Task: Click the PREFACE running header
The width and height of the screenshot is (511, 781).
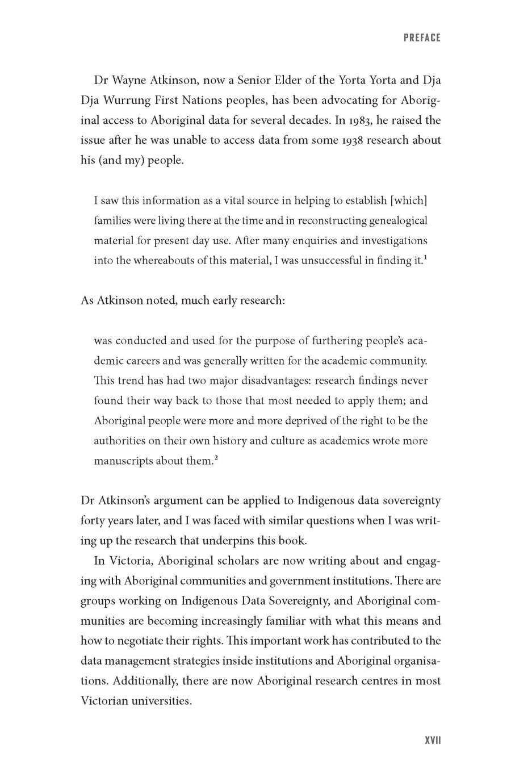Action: click(x=422, y=38)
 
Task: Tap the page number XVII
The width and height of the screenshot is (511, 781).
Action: click(x=433, y=741)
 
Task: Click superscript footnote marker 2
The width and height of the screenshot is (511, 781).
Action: click(x=216, y=458)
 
